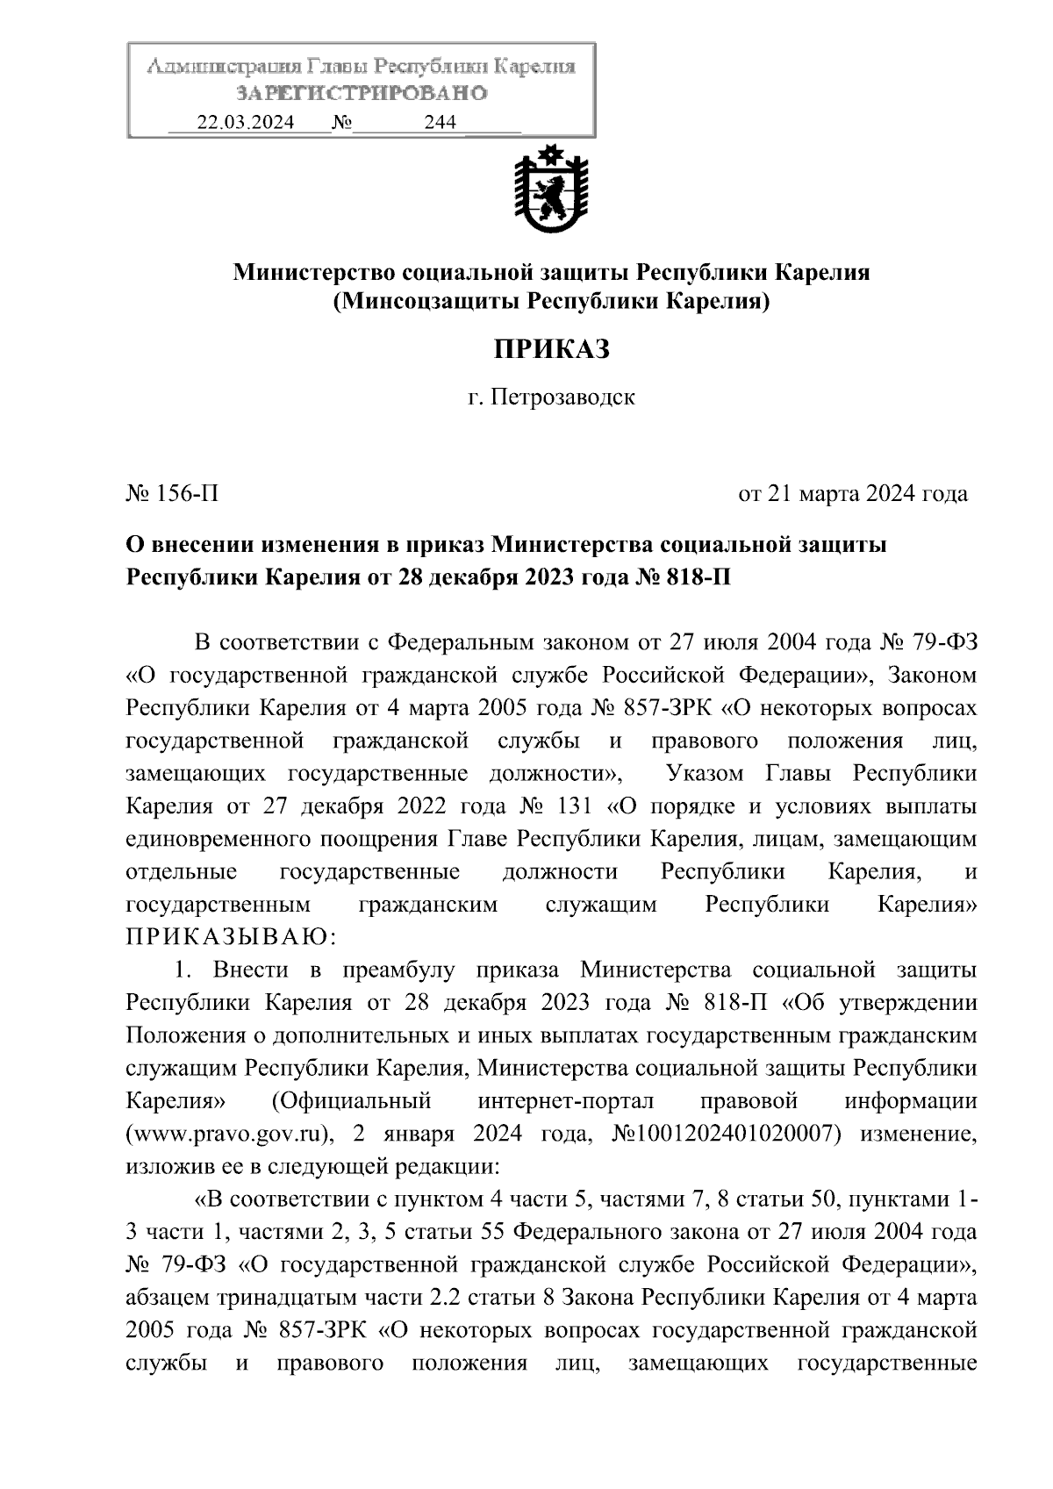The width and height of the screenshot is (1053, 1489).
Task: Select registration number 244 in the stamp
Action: pyautogui.click(x=440, y=123)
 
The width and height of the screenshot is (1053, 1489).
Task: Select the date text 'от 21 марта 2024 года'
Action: pyautogui.click(x=853, y=494)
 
